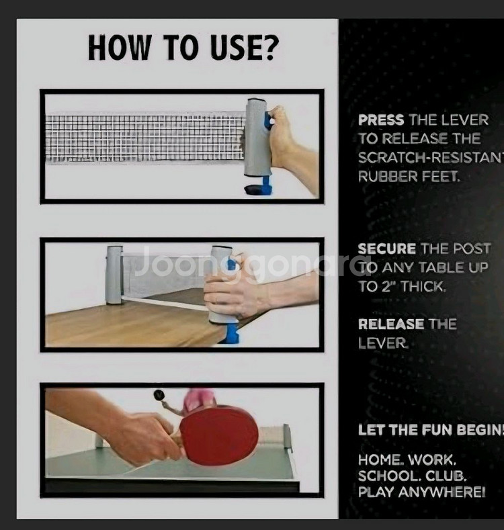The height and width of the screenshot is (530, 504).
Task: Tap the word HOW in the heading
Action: [x=118, y=48]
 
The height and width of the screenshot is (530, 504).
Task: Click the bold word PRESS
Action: [x=381, y=120]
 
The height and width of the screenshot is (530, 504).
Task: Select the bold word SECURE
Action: [x=386, y=249]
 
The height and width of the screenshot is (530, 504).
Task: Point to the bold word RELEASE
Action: [x=390, y=324]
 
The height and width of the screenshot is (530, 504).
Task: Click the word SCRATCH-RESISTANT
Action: [x=431, y=157]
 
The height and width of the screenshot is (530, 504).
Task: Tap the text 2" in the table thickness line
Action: [x=388, y=287]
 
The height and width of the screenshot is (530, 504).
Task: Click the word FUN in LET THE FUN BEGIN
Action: [x=436, y=430]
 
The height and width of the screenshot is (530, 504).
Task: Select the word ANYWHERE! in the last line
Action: [x=442, y=492]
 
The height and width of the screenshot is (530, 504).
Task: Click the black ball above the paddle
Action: [x=159, y=394]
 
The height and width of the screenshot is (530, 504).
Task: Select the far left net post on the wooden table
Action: [x=114, y=275]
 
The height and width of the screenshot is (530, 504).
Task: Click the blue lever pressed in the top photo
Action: [x=268, y=121]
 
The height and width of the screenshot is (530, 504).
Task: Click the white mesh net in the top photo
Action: [x=145, y=138]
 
